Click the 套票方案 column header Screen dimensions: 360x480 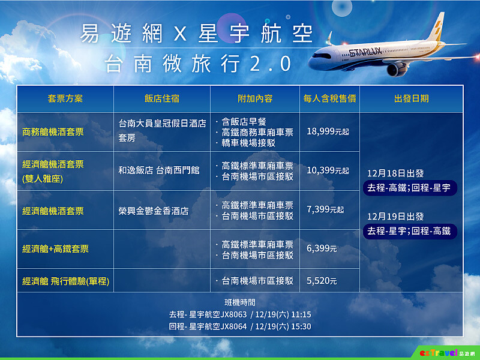point(65,98)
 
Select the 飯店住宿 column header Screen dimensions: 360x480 point(161,98)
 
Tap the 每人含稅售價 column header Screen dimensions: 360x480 point(329,98)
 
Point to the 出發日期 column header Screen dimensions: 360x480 point(411,98)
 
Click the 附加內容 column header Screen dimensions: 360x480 point(255,98)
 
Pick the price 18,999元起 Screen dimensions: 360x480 point(328,131)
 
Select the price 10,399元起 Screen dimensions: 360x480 point(328,170)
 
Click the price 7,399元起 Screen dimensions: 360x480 point(325,209)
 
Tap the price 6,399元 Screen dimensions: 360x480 point(322,248)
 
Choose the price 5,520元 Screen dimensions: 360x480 point(322,280)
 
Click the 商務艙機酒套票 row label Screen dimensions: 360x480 point(53,131)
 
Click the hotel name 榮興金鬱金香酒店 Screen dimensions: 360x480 point(154,211)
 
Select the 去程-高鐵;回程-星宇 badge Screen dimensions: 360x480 point(411,188)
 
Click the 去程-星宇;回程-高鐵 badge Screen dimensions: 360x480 point(411,230)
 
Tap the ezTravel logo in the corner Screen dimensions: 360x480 point(448,352)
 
